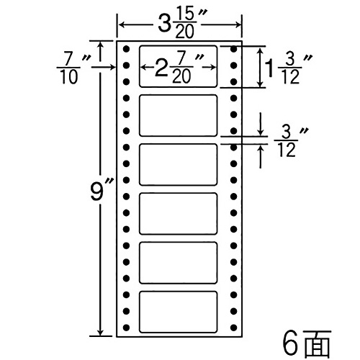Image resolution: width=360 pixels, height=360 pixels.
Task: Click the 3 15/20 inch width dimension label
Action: [x=182, y=24]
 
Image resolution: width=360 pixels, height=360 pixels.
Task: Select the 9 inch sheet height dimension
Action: [x=99, y=192]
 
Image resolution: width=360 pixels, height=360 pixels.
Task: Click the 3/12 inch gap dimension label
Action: [x=291, y=142]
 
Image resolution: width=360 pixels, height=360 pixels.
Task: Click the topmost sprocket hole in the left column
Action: [x=126, y=49]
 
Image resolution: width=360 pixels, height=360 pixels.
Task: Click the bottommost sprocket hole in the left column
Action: [x=126, y=328]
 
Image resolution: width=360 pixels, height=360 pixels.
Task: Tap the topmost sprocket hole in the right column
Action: [x=233, y=49]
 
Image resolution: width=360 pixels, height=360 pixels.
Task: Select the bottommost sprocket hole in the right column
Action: [x=233, y=328]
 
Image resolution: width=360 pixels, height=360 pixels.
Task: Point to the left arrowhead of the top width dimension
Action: [x=122, y=24]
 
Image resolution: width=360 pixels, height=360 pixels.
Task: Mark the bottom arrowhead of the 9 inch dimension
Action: [x=100, y=333]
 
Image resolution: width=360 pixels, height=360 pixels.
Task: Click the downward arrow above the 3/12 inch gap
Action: [x=261, y=124]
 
